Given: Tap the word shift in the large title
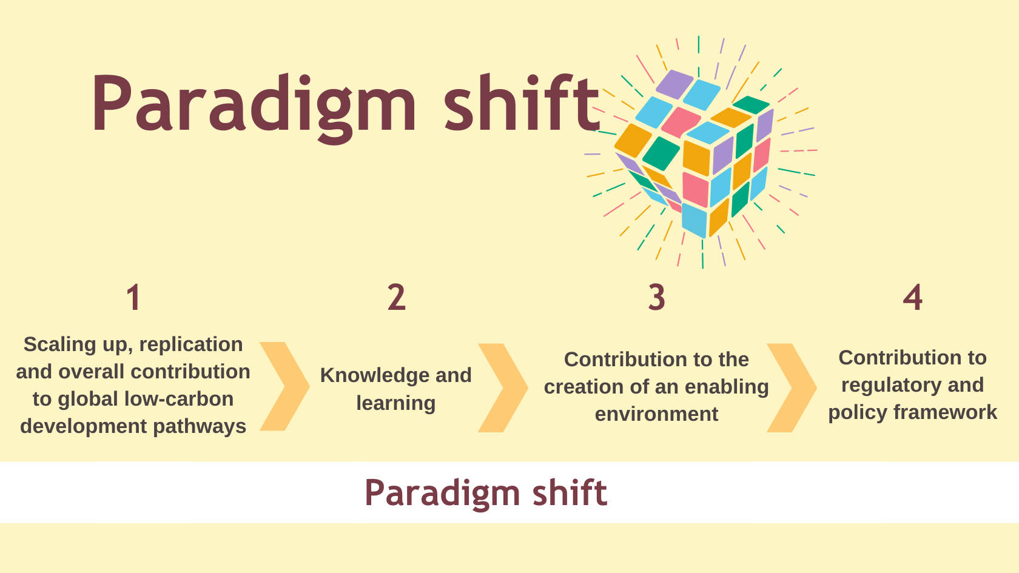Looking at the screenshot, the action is pyautogui.click(x=522, y=102).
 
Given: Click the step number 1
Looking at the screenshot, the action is pyautogui.click(x=133, y=298).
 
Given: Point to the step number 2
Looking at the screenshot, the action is pyautogui.click(x=396, y=298).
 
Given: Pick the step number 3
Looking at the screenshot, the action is pyautogui.click(x=657, y=298).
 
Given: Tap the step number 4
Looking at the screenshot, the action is pyautogui.click(x=912, y=298).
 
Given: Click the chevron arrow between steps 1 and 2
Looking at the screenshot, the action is pyautogui.click(x=285, y=386).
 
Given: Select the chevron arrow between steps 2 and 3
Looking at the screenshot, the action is pyautogui.click(x=503, y=387).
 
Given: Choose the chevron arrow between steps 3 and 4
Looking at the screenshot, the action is pyautogui.click(x=792, y=387).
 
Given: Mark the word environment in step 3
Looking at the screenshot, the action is pyautogui.click(x=656, y=414).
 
